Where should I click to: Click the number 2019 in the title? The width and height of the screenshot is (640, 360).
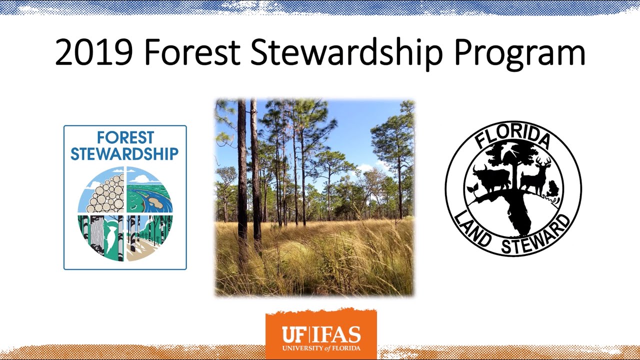[x=94, y=53]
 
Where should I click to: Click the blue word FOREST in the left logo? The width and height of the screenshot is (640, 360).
[x=125, y=137]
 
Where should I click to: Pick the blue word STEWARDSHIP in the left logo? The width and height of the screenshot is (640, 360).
[x=124, y=153]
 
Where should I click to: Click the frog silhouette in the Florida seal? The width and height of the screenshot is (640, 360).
[x=553, y=190]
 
